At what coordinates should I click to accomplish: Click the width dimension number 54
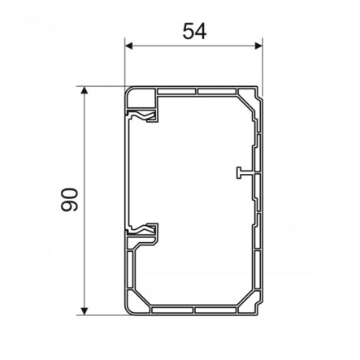pos(193,30)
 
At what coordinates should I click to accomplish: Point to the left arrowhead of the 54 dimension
pos(128,46)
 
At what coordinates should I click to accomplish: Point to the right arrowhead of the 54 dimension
pos(259,46)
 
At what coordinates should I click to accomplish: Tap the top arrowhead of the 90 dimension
pos(85,89)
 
